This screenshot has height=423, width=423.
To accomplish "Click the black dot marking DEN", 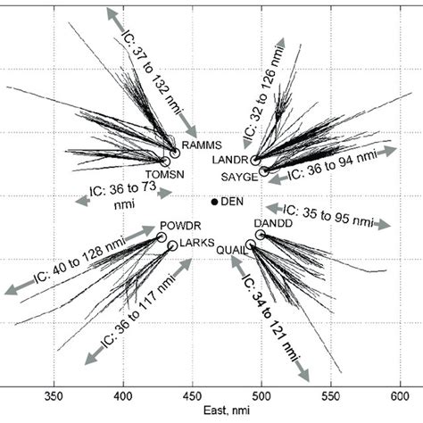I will point(214,202).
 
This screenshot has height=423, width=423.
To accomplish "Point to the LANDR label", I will point(228,160).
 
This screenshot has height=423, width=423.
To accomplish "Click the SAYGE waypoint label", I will point(239,177).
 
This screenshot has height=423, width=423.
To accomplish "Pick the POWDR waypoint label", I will point(175,225).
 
